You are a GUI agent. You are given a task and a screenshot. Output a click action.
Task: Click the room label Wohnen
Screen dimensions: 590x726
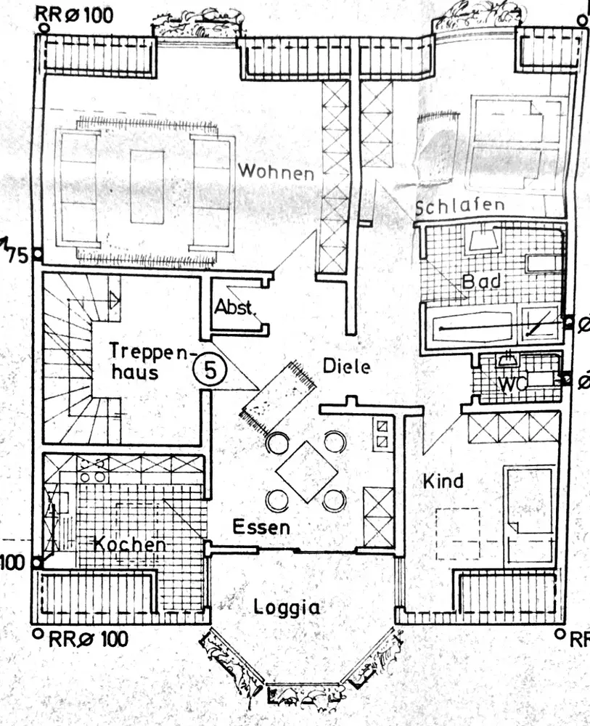point(276,173)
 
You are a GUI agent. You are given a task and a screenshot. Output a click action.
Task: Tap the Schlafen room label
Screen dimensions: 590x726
point(459,205)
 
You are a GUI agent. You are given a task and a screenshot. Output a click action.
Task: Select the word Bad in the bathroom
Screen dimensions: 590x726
point(481,280)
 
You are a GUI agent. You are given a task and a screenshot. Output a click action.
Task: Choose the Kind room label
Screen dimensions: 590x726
point(443,481)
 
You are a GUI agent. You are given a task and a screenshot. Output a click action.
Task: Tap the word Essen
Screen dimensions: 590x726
point(261,527)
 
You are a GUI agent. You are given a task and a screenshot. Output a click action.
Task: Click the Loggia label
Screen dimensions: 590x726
point(287,607)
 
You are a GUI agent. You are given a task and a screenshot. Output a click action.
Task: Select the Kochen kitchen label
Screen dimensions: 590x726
point(130,544)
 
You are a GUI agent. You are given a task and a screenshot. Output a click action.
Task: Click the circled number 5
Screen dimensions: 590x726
point(210,371)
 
